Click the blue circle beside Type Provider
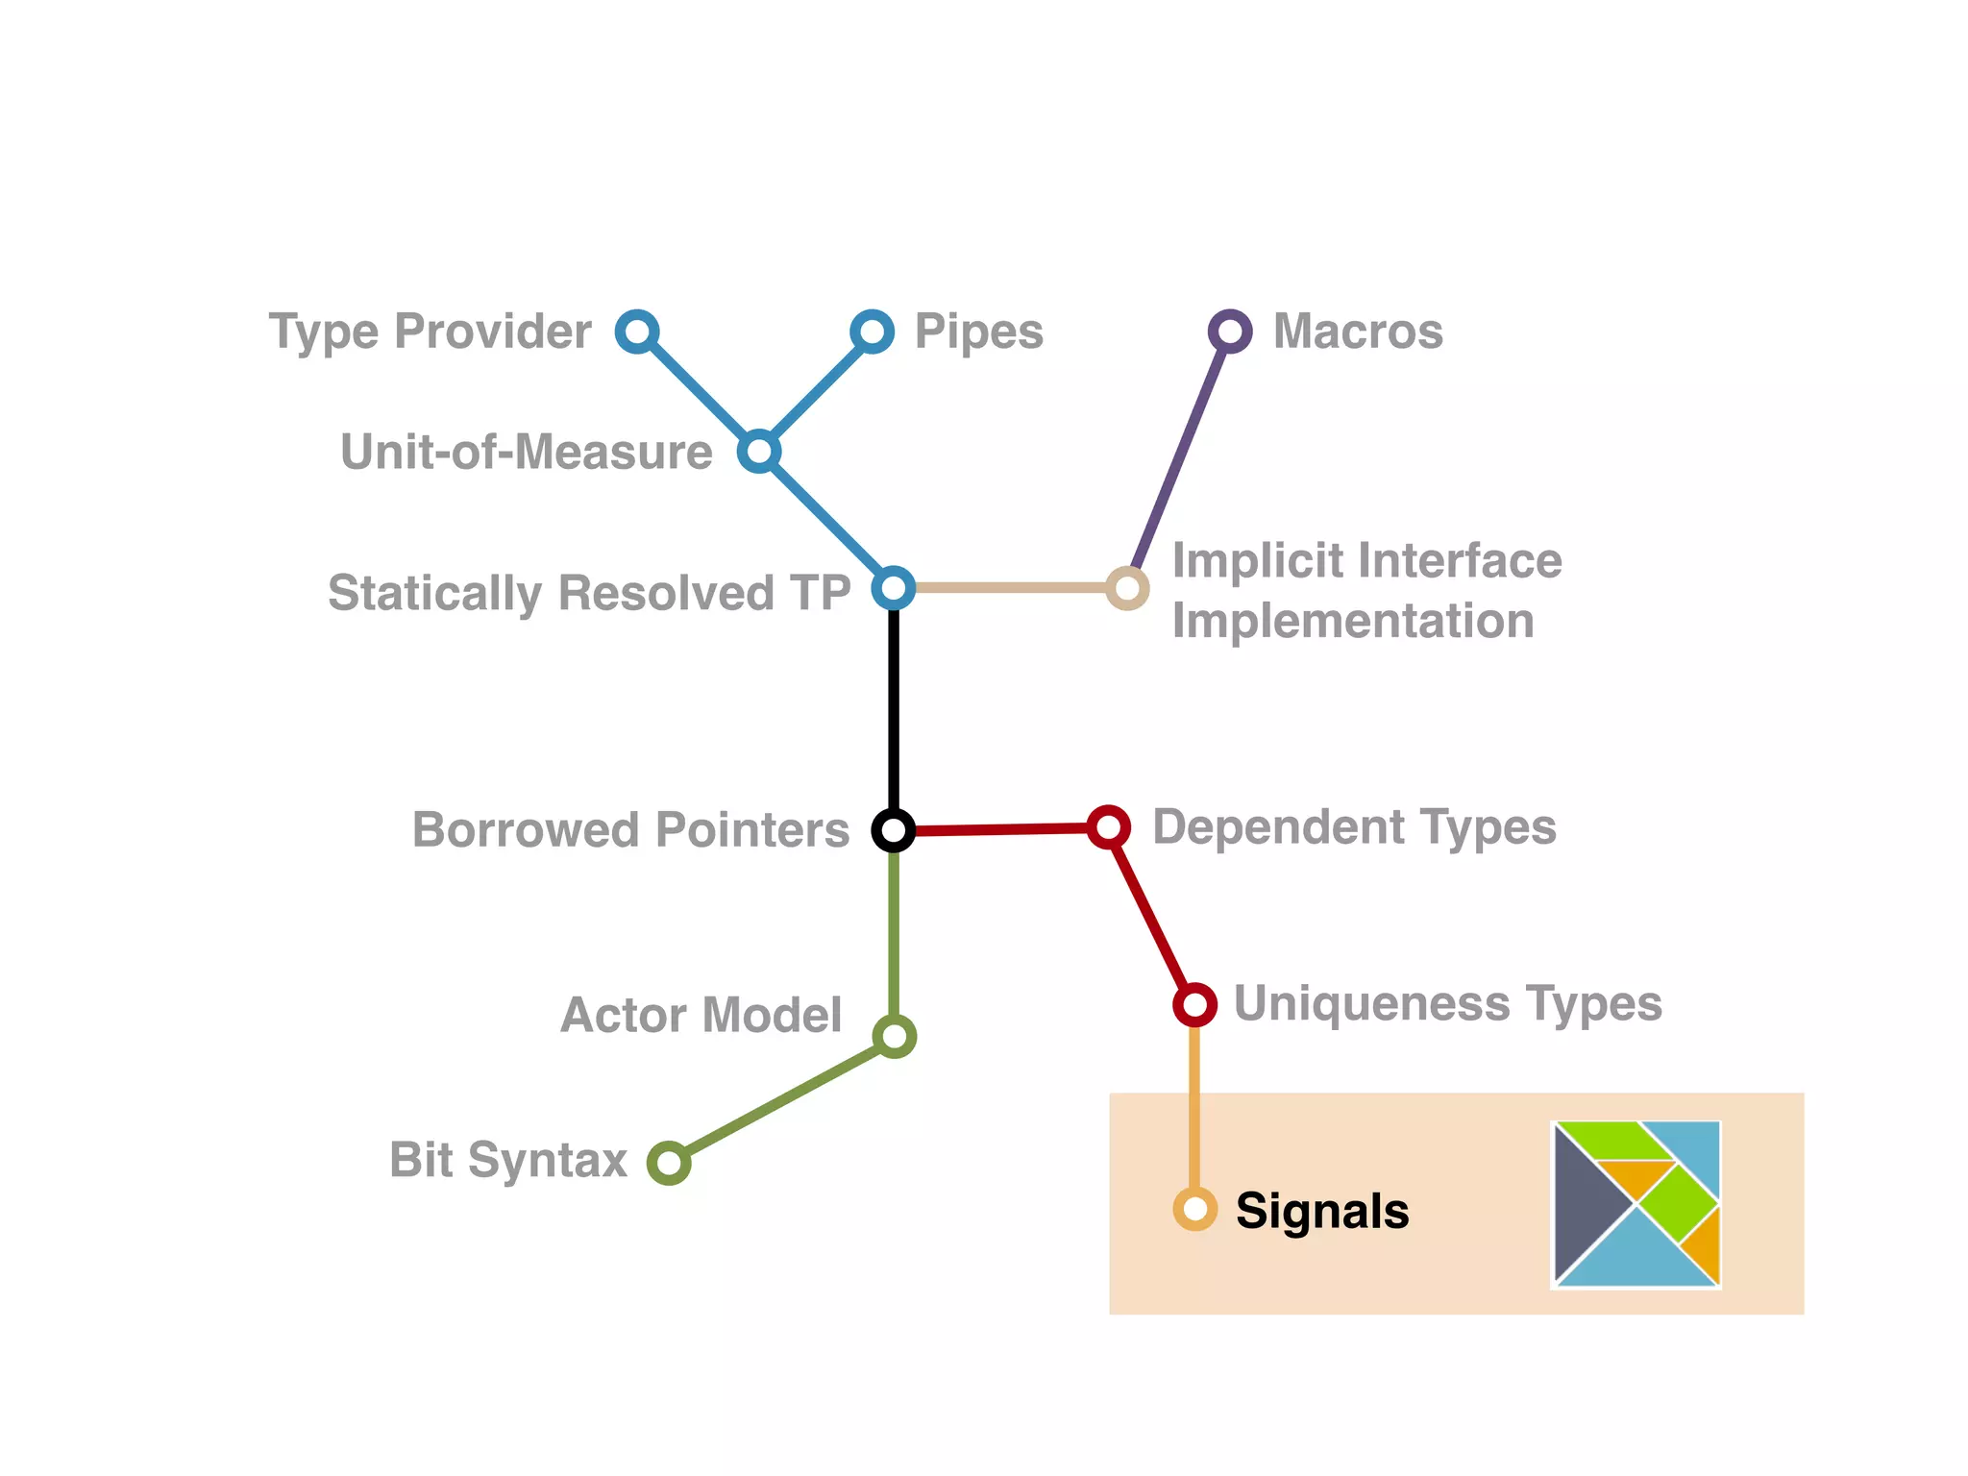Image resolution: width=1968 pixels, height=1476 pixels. pyautogui.click(x=637, y=332)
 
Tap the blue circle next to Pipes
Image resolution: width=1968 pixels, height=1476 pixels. pyautogui.click(x=872, y=332)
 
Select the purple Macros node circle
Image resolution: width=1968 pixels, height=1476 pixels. pyautogui.click(x=1230, y=332)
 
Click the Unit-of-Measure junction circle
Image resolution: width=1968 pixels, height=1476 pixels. pyautogui.click(x=759, y=451)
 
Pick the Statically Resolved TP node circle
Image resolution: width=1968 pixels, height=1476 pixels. pyautogui.click(x=893, y=587)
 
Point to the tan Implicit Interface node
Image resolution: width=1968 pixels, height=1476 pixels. pyautogui.click(x=1127, y=588)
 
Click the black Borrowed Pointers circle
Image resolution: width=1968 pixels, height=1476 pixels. pyautogui.click(x=893, y=829)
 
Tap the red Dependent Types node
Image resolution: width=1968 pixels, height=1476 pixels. pyautogui.click(x=1108, y=826)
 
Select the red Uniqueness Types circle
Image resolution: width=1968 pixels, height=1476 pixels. pyautogui.click(x=1194, y=1005)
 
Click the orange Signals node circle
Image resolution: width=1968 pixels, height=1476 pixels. pyautogui.click(x=1194, y=1209)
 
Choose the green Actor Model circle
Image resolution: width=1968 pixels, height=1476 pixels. pyautogui.click(x=894, y=1037)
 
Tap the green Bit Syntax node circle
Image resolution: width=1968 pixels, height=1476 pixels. pyautogui.click(x=669, y=1164)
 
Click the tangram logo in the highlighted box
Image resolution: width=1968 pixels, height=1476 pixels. pyautogui.click(x=1636, y=1203)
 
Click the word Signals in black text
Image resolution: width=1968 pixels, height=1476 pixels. pyautogui.click(x=1322, y=1211)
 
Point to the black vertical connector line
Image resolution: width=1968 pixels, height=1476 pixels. pyautogui.click(x=894, y=711)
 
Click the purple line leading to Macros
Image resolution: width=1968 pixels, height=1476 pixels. pyautogui.click(x=1180, y=456)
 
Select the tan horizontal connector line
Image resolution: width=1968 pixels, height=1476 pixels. pyautogui.click(x=1009, y=587)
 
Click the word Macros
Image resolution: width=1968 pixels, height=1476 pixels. pyautogui.click(x=1358, y=332)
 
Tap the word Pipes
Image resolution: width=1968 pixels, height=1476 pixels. pyautogui.click(x=978, y=332)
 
